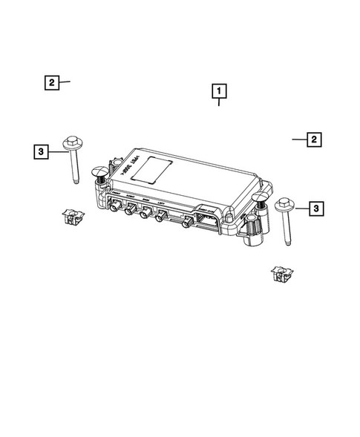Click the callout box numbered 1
[x=219, y=91]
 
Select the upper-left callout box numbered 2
[x=50, y=82]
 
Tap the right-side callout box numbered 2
[x=315, y=139]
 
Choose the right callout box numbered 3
[x=316, y=210]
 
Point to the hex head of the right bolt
[x=283, y=203]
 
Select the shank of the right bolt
[x=287, y=229]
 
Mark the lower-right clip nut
[x=280, y=275]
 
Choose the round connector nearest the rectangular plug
[x=185, y=223]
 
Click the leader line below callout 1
[x=219, y=103]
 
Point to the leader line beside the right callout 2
[x=298, y=139]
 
